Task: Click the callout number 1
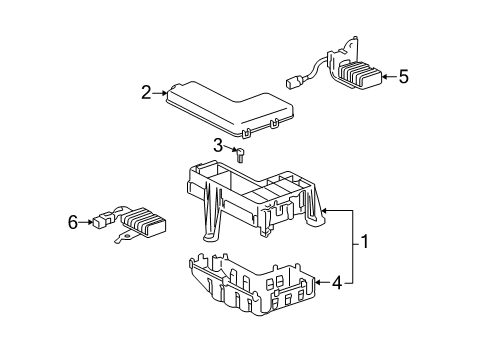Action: pyautogui.click(x=365, y=242)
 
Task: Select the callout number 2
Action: pyautogui.click(x=146, y=92)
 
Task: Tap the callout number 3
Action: pyautogui.click(x=218, y=145)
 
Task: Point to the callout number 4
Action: pyautogui.click(x=337, y=283)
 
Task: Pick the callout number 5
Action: pyautogui.click(x=404, y=77)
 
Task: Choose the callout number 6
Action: pyautogui.click(x=73, y=222)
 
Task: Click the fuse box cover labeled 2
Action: pyautogui.click(x=230, y=108)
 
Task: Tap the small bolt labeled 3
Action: pyautogui.click(x=240, y=155)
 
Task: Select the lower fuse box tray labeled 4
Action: pyautogui.click(x=252, y=284)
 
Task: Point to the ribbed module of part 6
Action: pyautogui.click(x=144, y=222)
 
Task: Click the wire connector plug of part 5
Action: pyautogui.click(x=293, y=83)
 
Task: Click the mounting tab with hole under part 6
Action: pyautogui.click(x=124, y=237)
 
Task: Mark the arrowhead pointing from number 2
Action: pyautogui.click(x=164, y=93)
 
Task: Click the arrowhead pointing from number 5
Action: pyautogui.click(x=385, y=77)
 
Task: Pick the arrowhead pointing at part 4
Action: pyautogui.click(x=318, y=282)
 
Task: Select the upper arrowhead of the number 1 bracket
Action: pyautogui.click(x=325, y=210)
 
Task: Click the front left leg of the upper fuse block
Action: pyautogui.click(x=211, y=213)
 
